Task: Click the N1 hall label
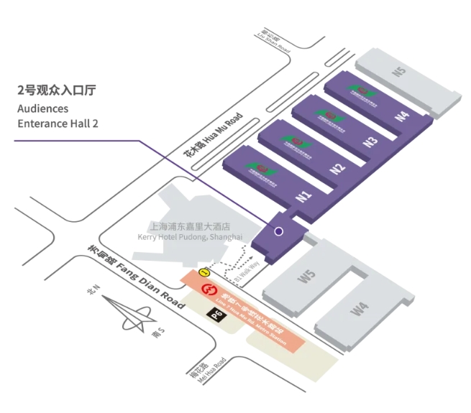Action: (x=304, y=196)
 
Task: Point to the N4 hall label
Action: (x=402, y=115)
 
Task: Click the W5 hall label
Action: (x=308, y=276)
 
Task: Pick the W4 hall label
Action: (x=360, y=310)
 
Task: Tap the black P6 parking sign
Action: (x=216, y=314)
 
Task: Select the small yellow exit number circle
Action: (x=205, y=273)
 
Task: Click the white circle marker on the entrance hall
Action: (x=278, y=232)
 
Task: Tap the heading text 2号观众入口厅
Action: (x=57, y=91)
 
